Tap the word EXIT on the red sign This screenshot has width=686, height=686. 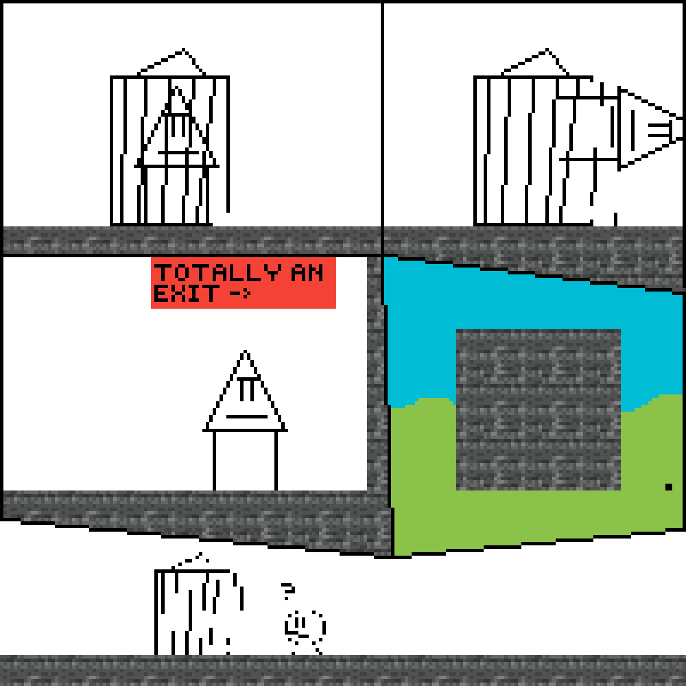pos(186,293)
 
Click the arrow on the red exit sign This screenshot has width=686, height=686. pos(240,293)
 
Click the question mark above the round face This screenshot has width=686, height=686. pos(288,591)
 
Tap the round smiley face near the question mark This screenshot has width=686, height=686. pos(305,627)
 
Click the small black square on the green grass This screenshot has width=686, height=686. pos(668,486)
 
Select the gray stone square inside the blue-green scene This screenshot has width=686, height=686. pos(539,410)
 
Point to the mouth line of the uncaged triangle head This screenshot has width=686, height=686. pos(247,416)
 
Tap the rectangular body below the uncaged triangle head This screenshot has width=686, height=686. pos(245,461)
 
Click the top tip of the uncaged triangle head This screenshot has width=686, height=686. pos(245,350)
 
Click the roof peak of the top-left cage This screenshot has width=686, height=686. pos(184,50)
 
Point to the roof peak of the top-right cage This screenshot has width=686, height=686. pos(547,50)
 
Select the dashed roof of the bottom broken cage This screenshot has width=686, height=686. pos(190,560)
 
